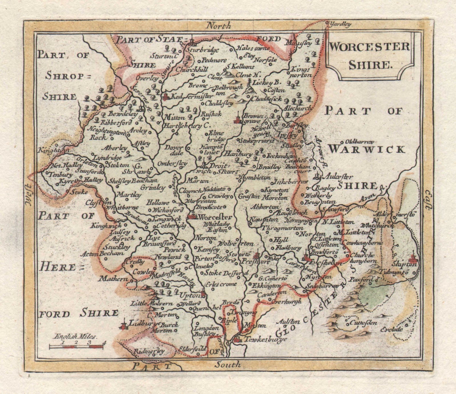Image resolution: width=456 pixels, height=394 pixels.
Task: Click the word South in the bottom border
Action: [x=227, y=364]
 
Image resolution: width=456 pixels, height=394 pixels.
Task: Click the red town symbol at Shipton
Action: [x=412, y=259]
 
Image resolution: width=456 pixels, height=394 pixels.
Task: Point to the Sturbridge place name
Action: [x=203, y=50]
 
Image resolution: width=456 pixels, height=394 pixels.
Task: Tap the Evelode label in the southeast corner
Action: [x=391, y=330]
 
